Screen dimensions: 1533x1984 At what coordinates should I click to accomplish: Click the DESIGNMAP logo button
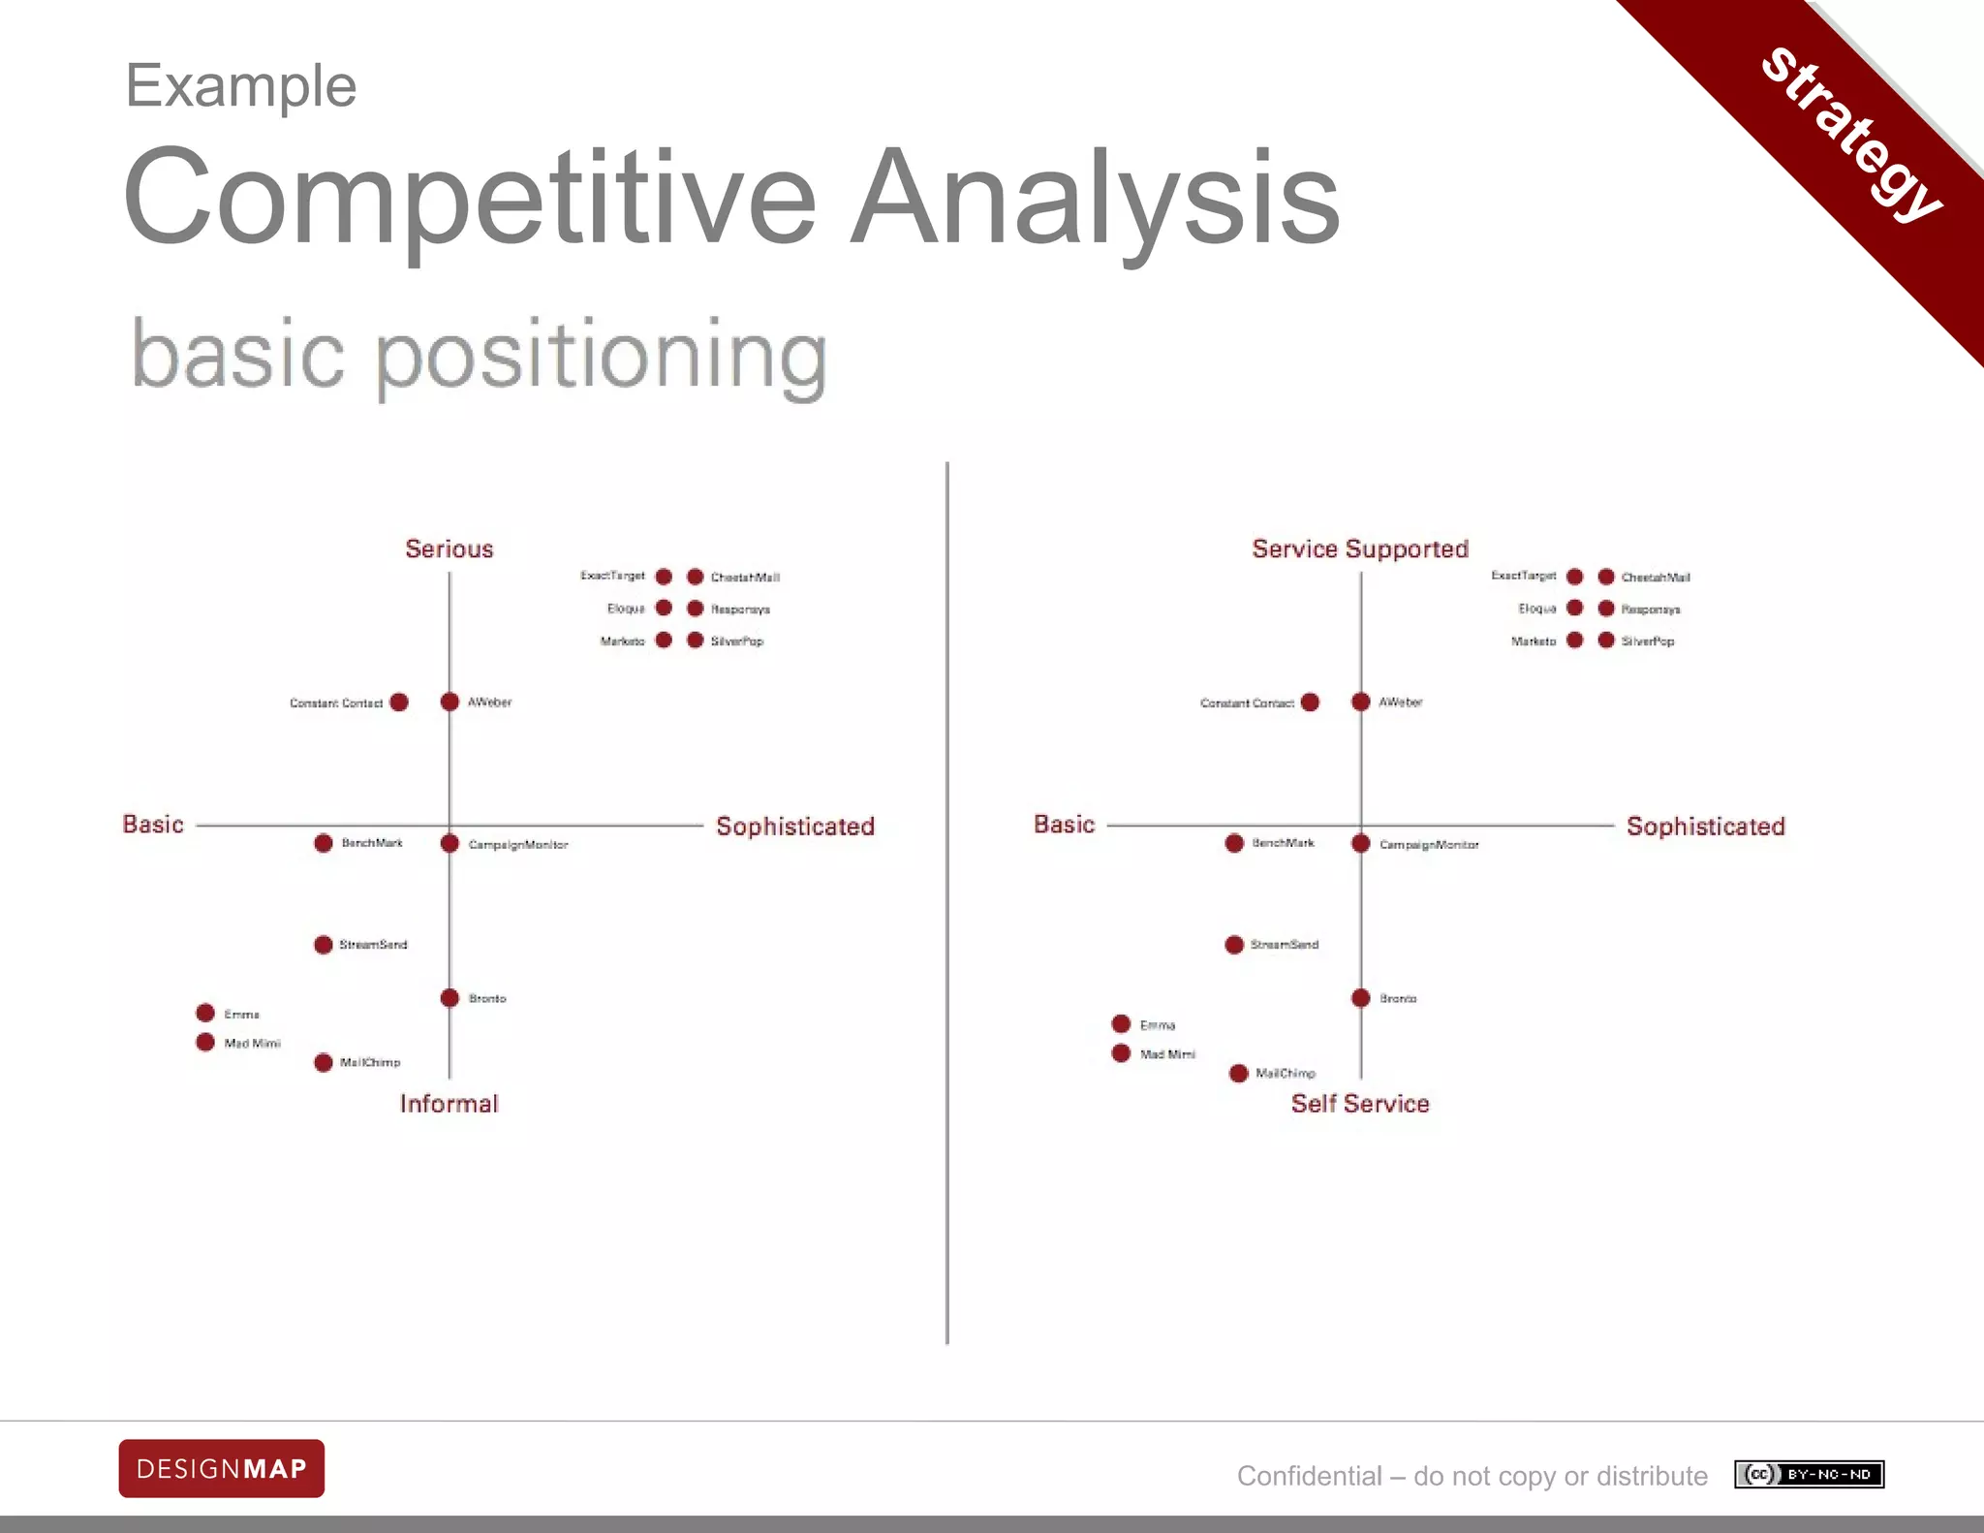221,1468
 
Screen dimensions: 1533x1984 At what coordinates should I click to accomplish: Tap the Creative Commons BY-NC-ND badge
1809,1474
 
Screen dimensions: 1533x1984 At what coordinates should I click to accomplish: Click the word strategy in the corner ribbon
1851,135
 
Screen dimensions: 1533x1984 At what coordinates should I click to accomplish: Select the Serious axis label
449,548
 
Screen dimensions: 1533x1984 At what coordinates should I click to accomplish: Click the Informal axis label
449,1104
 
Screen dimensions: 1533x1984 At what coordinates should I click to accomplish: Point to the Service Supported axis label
1360,548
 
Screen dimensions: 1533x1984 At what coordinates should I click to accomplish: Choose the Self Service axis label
1360,1104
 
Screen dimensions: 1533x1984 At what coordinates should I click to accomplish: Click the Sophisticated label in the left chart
794,827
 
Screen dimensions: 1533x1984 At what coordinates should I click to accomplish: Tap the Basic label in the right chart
1064,825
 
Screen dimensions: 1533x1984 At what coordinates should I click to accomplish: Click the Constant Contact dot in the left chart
399,702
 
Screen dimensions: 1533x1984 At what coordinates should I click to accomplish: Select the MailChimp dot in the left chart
324,1063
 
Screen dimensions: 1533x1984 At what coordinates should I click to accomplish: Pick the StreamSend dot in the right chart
1234,945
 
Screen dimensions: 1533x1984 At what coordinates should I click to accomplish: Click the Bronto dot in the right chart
1361,998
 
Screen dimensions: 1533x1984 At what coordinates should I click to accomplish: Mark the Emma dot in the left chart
205,1013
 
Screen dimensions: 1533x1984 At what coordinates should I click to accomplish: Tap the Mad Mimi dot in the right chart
1121,1053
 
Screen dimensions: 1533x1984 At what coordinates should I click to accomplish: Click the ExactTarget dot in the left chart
664,577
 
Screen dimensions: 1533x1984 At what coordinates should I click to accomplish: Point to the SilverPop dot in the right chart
1606,641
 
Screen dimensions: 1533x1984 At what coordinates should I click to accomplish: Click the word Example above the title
241,86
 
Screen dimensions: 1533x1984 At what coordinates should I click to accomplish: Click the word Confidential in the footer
1309,1476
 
